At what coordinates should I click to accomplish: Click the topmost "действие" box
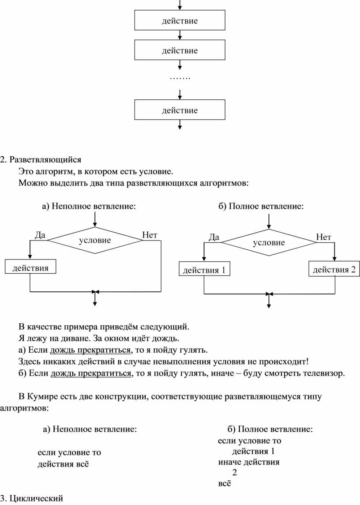point(180,20)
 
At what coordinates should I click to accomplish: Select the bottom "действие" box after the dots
point(180,110)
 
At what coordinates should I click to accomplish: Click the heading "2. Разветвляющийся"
point(41,159)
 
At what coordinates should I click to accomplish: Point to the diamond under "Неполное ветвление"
point(95,240)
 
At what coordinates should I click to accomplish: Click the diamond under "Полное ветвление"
point(269,242)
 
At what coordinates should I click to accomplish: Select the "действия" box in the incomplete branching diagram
point(30,267)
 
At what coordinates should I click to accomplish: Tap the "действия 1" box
point(204,269)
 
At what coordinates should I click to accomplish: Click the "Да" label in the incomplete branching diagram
point(40,235)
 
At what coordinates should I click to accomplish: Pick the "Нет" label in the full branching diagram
point(324,237)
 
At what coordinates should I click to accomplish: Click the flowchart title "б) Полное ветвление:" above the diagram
point(261,206)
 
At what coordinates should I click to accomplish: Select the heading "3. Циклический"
point(32,498)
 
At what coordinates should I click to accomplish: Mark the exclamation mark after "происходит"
point(307,362)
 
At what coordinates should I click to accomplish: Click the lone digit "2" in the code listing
point(234,472)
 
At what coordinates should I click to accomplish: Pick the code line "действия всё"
point(63,464)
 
